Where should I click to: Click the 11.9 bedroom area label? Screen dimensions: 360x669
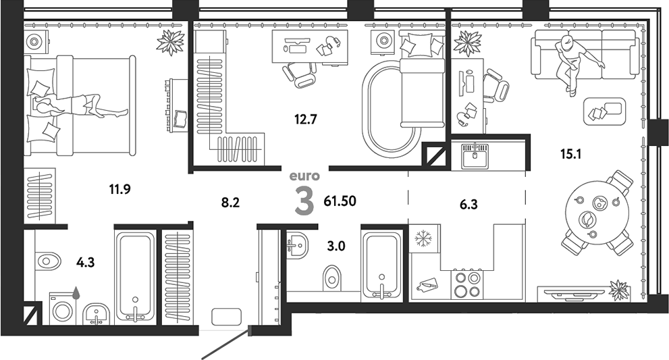(x=119, y=189)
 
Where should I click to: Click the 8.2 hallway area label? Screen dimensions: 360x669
(x=230, y=201)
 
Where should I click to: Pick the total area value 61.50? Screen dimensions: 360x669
(x=340, y=201)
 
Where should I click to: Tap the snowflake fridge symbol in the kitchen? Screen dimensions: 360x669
(x=423, y=238)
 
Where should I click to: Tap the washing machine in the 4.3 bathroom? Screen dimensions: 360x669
(x=65, y=310)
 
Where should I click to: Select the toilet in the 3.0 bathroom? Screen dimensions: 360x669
(x=332, y=274)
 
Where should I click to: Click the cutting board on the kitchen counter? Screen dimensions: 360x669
(x=427, y=284)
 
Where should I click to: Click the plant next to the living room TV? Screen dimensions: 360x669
(x=618, y=289)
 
